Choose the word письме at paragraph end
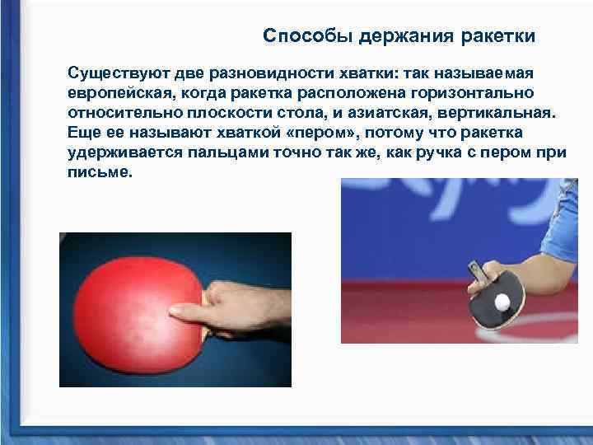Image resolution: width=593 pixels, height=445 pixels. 99,174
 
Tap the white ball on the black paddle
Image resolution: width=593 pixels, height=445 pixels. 502,302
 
